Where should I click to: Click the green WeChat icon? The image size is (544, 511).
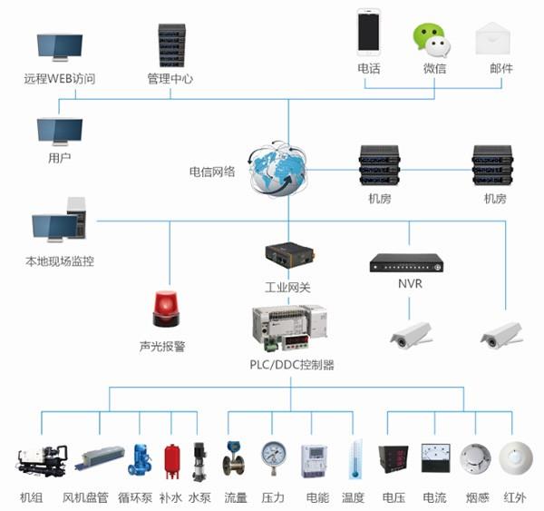pos(432,37)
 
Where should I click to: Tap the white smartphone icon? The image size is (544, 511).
pos(368,32)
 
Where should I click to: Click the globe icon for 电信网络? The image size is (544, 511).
pos(279,170)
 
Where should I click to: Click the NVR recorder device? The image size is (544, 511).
pos(407,263)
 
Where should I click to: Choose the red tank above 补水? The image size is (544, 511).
pos(170,461)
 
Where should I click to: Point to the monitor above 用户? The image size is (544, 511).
pos(60,132)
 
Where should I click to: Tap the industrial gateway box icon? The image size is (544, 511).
pos(287,257)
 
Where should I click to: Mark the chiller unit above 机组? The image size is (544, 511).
pos(42,460)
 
